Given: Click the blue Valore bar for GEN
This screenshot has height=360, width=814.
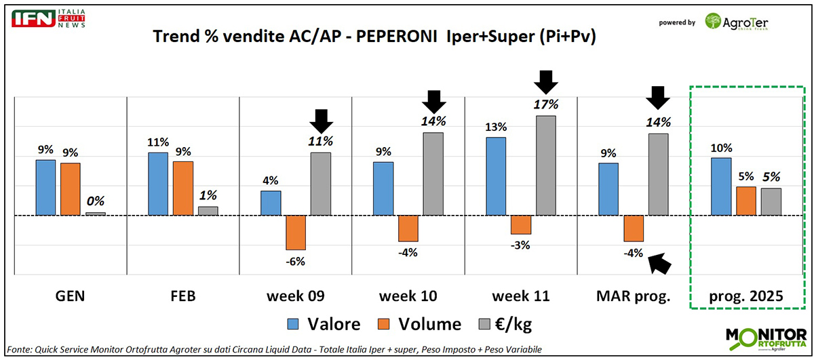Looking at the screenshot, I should point(45,188).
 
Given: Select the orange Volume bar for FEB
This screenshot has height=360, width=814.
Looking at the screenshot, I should point(182,188).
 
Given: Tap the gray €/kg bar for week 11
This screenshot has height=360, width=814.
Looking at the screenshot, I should point(545,165).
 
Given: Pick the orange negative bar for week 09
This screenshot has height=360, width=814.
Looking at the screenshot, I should point(296,233).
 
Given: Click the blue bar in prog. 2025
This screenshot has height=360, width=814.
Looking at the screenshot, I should point(720,186).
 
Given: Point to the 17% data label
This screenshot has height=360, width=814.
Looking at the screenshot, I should point(545,104).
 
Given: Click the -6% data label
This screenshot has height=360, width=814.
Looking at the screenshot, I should point(296,261).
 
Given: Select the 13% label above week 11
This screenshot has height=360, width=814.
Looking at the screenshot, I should point(496,126).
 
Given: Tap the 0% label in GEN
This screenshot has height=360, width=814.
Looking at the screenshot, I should point(95,201).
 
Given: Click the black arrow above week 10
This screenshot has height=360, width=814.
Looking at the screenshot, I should point(434,102).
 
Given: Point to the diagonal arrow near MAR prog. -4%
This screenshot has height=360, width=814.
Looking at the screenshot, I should point(660,262).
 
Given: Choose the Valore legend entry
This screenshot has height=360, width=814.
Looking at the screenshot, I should point(324,324).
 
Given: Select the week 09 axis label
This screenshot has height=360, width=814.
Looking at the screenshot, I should point(296,296).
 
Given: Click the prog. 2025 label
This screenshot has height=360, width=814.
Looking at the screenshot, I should point(745,296).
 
